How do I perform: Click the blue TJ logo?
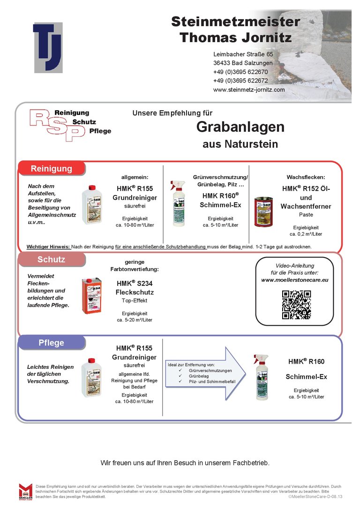click(48, 47)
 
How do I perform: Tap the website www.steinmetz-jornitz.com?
click(249, 90)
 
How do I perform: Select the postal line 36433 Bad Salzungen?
click(243, 63)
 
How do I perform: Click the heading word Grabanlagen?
click(240, 127)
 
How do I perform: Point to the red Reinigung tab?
click(52, 169)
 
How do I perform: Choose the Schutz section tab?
click(52, 259)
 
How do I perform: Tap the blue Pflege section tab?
click(52, 343)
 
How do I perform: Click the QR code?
click(296, 305)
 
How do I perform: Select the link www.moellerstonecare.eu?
click(295, 280)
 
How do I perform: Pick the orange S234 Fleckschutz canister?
click(91, 295)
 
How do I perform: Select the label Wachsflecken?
click(306, 177)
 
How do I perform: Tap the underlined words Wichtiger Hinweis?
click(48, 247)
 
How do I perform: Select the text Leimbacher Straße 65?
click(243, 54)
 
